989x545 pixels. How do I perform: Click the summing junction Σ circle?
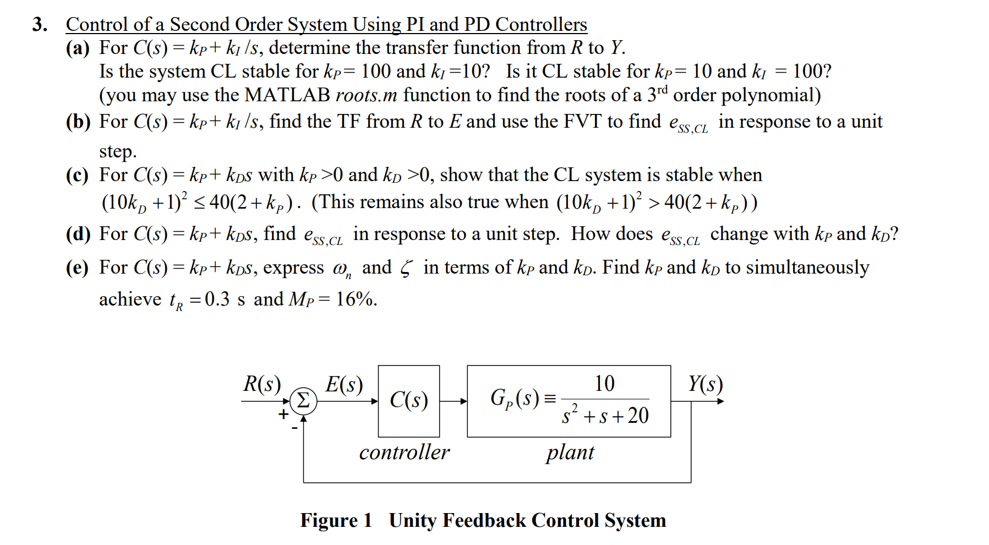pyautogui.click(x=303, y=401)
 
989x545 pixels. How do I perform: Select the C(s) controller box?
pyautogui.click(x=408, y=401)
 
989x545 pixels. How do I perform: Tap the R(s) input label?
pyautogui.click(x=262, y=384)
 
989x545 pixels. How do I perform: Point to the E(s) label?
pyautogui.click(x=344, y=384)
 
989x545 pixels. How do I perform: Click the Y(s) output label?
pyautogui.click(x=706, y=384)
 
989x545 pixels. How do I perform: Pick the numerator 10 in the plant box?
pyautogui.click(x=604, y=384)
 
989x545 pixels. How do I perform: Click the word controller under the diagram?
pyautogui.click(x=404, y=453)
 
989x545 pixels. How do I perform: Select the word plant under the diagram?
pyautogui.click(x=570, y=453)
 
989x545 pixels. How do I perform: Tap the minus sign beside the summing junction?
pyautogui.click(x=294, y=428)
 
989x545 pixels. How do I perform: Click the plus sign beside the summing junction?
pyautogui.click(x=283, y=414)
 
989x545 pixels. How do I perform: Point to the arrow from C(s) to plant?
pyautogui.click(x=453, y=401)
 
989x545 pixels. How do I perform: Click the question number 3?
pyautogui.click(x=39, y=25)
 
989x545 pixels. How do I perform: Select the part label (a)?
pyautogui.click(x=78, y=48)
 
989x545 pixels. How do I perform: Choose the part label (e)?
pyautogui.click(x=77, y=268)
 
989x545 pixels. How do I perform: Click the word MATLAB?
pyautogui.click(x=287, y=95)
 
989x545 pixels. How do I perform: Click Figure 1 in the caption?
pyautogui.click(x=336, y=520)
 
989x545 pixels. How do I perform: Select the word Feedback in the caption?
pyautogui.click(x=484, y=520)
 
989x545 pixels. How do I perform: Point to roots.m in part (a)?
pyautogui.click(x=366, y=95)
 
